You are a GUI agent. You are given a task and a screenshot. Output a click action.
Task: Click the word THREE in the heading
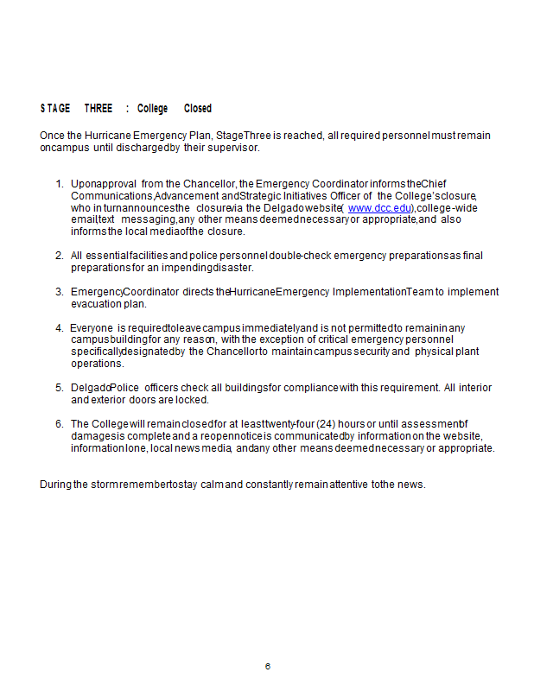(x=99, y=109)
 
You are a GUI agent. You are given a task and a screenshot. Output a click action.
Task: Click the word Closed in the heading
(x=198, y=109)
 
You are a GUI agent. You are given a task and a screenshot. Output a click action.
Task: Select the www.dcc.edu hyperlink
(x=379, y=208)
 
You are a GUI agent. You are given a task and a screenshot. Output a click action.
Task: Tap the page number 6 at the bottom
(x=268, y=666)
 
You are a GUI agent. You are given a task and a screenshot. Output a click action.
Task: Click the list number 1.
(x=60, y=184)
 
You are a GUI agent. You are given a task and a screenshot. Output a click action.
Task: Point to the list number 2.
(x=60, y=256)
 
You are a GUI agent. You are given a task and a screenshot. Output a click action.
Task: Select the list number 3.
(x=60, y=292)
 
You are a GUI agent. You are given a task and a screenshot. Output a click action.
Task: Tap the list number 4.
(x=60, y=328)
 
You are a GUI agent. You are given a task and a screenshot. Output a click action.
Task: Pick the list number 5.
(x=60, y=388)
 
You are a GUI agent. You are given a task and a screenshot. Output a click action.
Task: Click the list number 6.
(x=60, y=424)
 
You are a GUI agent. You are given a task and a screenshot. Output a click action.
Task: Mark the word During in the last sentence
(x=55, y=485)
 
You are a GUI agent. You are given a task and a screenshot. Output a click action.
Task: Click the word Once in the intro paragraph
(x=52, y=136)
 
